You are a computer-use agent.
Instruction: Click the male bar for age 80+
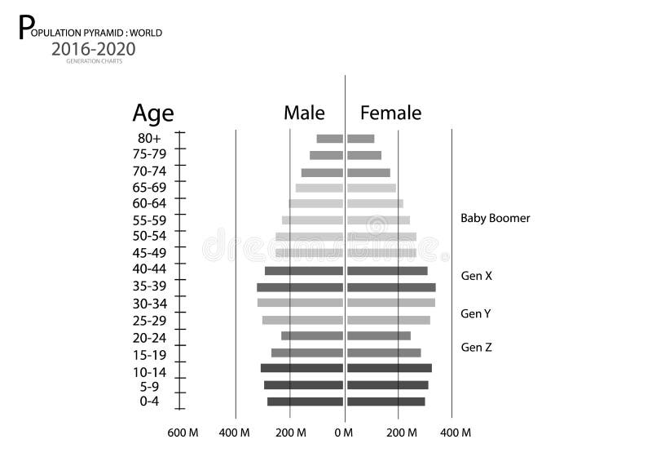329,139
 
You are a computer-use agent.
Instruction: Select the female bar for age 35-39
391,287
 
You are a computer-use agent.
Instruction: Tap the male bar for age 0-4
305,402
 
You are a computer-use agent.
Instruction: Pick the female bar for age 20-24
379,335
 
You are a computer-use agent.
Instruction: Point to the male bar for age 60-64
315,203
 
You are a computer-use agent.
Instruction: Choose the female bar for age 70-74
368,173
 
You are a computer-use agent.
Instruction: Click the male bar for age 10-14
302,368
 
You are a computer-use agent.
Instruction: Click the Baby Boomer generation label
496,218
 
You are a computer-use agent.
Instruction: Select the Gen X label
477,276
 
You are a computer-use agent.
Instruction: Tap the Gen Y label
476,313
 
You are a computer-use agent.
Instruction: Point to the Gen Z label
476,347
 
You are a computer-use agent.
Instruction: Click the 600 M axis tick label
183,433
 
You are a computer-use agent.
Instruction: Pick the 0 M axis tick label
345,433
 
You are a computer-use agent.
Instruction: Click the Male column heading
304,113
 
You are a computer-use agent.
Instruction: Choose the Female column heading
390,113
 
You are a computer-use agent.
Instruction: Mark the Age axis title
153,113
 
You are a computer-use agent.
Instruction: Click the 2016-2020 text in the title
94,48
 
